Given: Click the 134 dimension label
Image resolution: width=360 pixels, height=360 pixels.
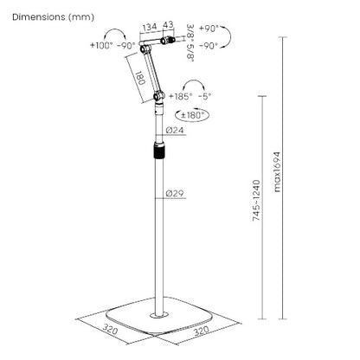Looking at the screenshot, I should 150,26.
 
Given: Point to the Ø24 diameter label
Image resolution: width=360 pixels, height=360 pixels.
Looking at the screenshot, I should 176,130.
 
